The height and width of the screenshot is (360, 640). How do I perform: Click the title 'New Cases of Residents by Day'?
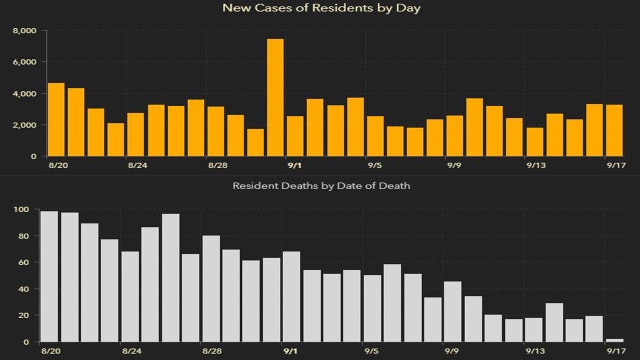point(319,9)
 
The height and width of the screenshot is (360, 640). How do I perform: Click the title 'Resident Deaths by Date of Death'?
point(319,186)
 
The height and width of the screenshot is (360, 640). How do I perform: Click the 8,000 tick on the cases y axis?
point(25,31)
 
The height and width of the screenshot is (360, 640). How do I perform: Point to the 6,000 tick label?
point(25,62)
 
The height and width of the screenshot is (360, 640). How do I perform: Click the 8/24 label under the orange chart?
point(137,166)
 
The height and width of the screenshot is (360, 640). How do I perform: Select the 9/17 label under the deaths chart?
point(613,352)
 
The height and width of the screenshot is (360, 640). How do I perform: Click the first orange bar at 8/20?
point(56,119)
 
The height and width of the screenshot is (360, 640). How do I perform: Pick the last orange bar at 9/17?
point(614,130)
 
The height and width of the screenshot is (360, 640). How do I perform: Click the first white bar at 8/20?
point(49,276)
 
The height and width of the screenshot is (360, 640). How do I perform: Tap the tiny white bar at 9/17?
point(614,340)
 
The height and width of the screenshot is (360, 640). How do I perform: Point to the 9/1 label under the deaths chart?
point(291,352)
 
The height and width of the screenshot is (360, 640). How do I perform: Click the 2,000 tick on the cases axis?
point(25,125)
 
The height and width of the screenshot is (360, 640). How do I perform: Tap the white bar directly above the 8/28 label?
point(211,289)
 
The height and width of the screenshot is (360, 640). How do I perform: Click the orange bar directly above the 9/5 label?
point(375,136)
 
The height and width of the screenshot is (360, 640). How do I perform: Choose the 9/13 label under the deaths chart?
point(537,352)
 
